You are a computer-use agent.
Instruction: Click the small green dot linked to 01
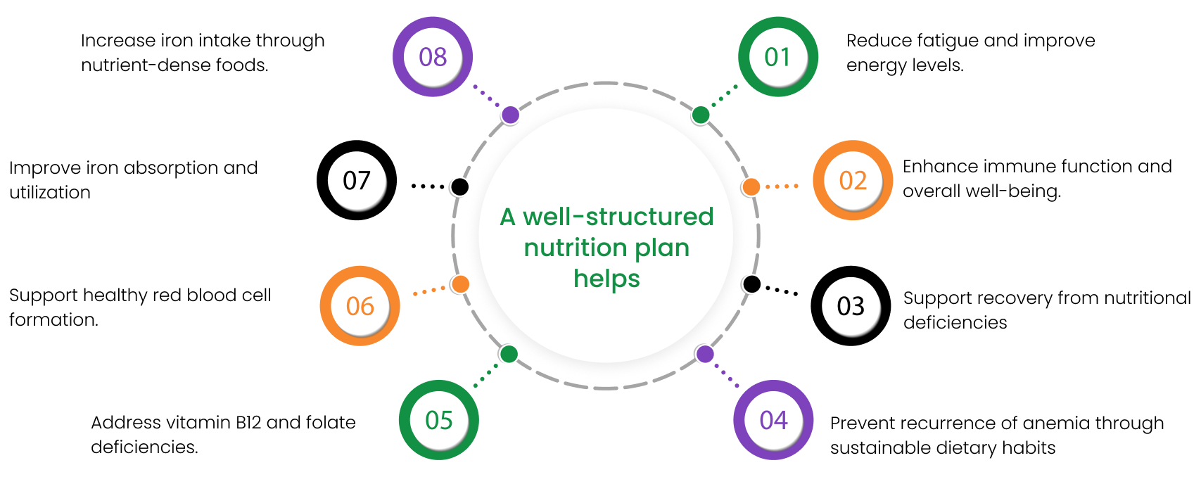701,115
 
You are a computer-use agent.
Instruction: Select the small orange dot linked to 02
751,186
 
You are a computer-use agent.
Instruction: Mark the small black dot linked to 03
751,284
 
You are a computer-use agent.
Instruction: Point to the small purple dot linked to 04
704,354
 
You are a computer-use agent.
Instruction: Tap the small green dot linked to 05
508,354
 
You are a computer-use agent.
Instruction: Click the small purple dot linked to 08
510,115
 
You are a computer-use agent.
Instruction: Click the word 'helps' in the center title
607,279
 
